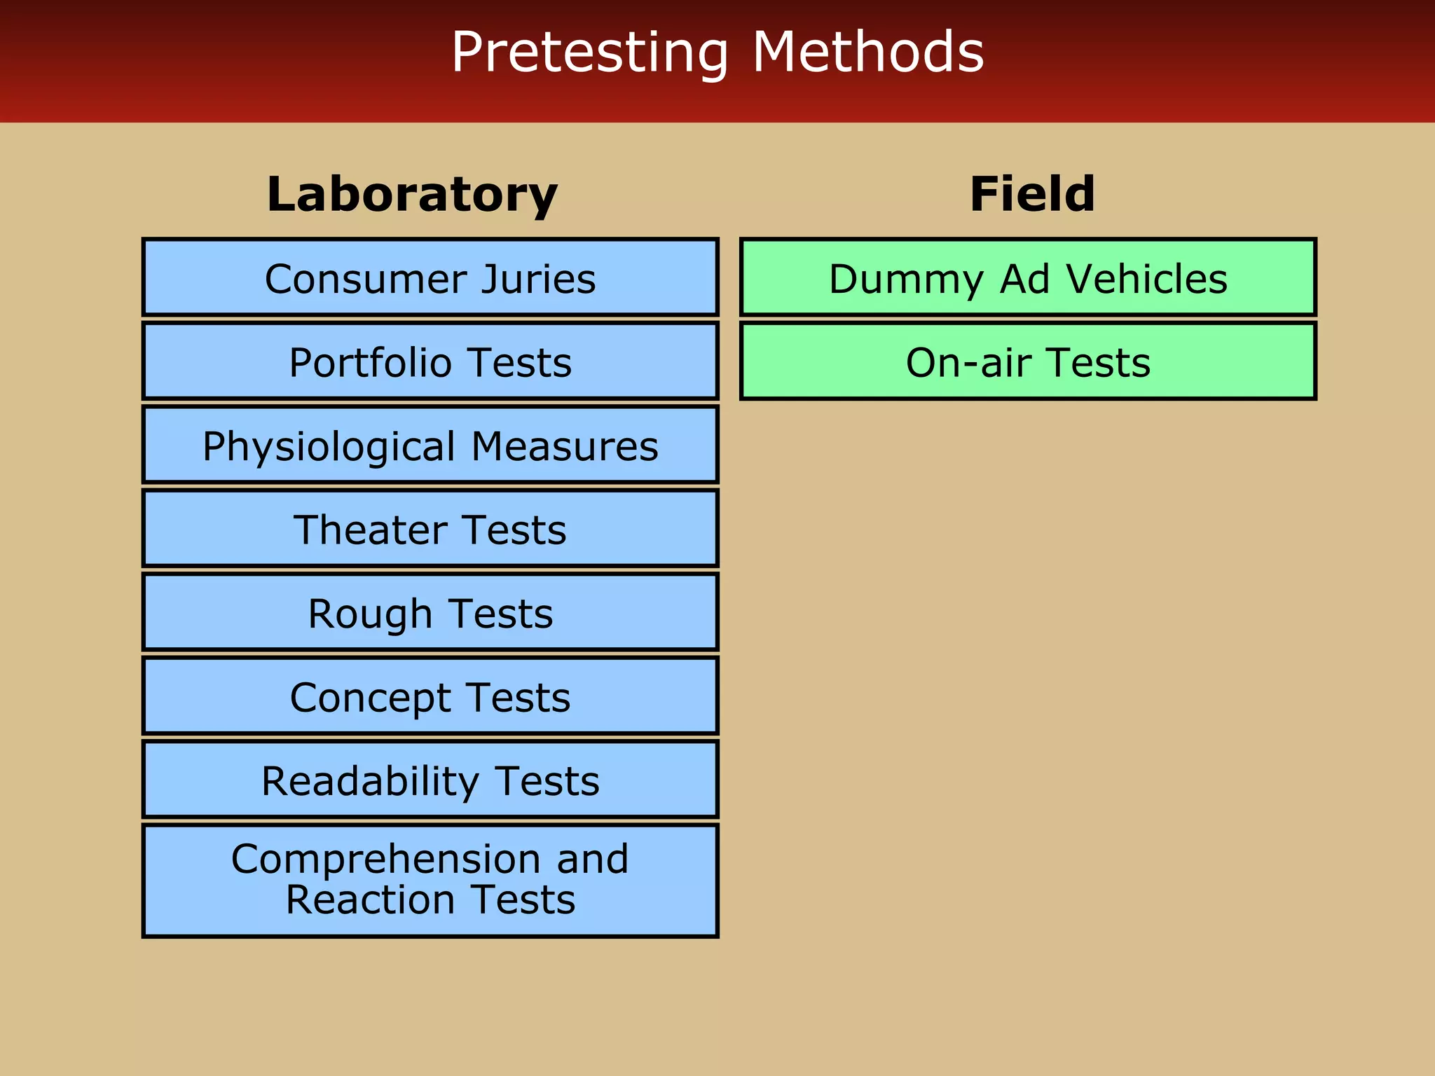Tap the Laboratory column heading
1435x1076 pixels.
pos(412,194)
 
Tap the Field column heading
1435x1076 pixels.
pos(1031,194)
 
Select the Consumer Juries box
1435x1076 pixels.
pos(430,277)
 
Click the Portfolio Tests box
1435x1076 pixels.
pos(430,361)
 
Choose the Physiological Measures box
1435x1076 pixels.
pos(430,446)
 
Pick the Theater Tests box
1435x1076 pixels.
pos(430,529)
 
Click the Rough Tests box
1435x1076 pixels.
pos(430,613)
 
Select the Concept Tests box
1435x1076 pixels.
pos(430,696)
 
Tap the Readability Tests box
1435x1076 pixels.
pos(430,780)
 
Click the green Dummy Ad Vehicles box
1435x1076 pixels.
pos(1028,277)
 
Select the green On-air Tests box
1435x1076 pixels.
pos(1028,361)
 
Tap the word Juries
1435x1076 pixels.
pos(538,280)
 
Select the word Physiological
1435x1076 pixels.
pos(329,447)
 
